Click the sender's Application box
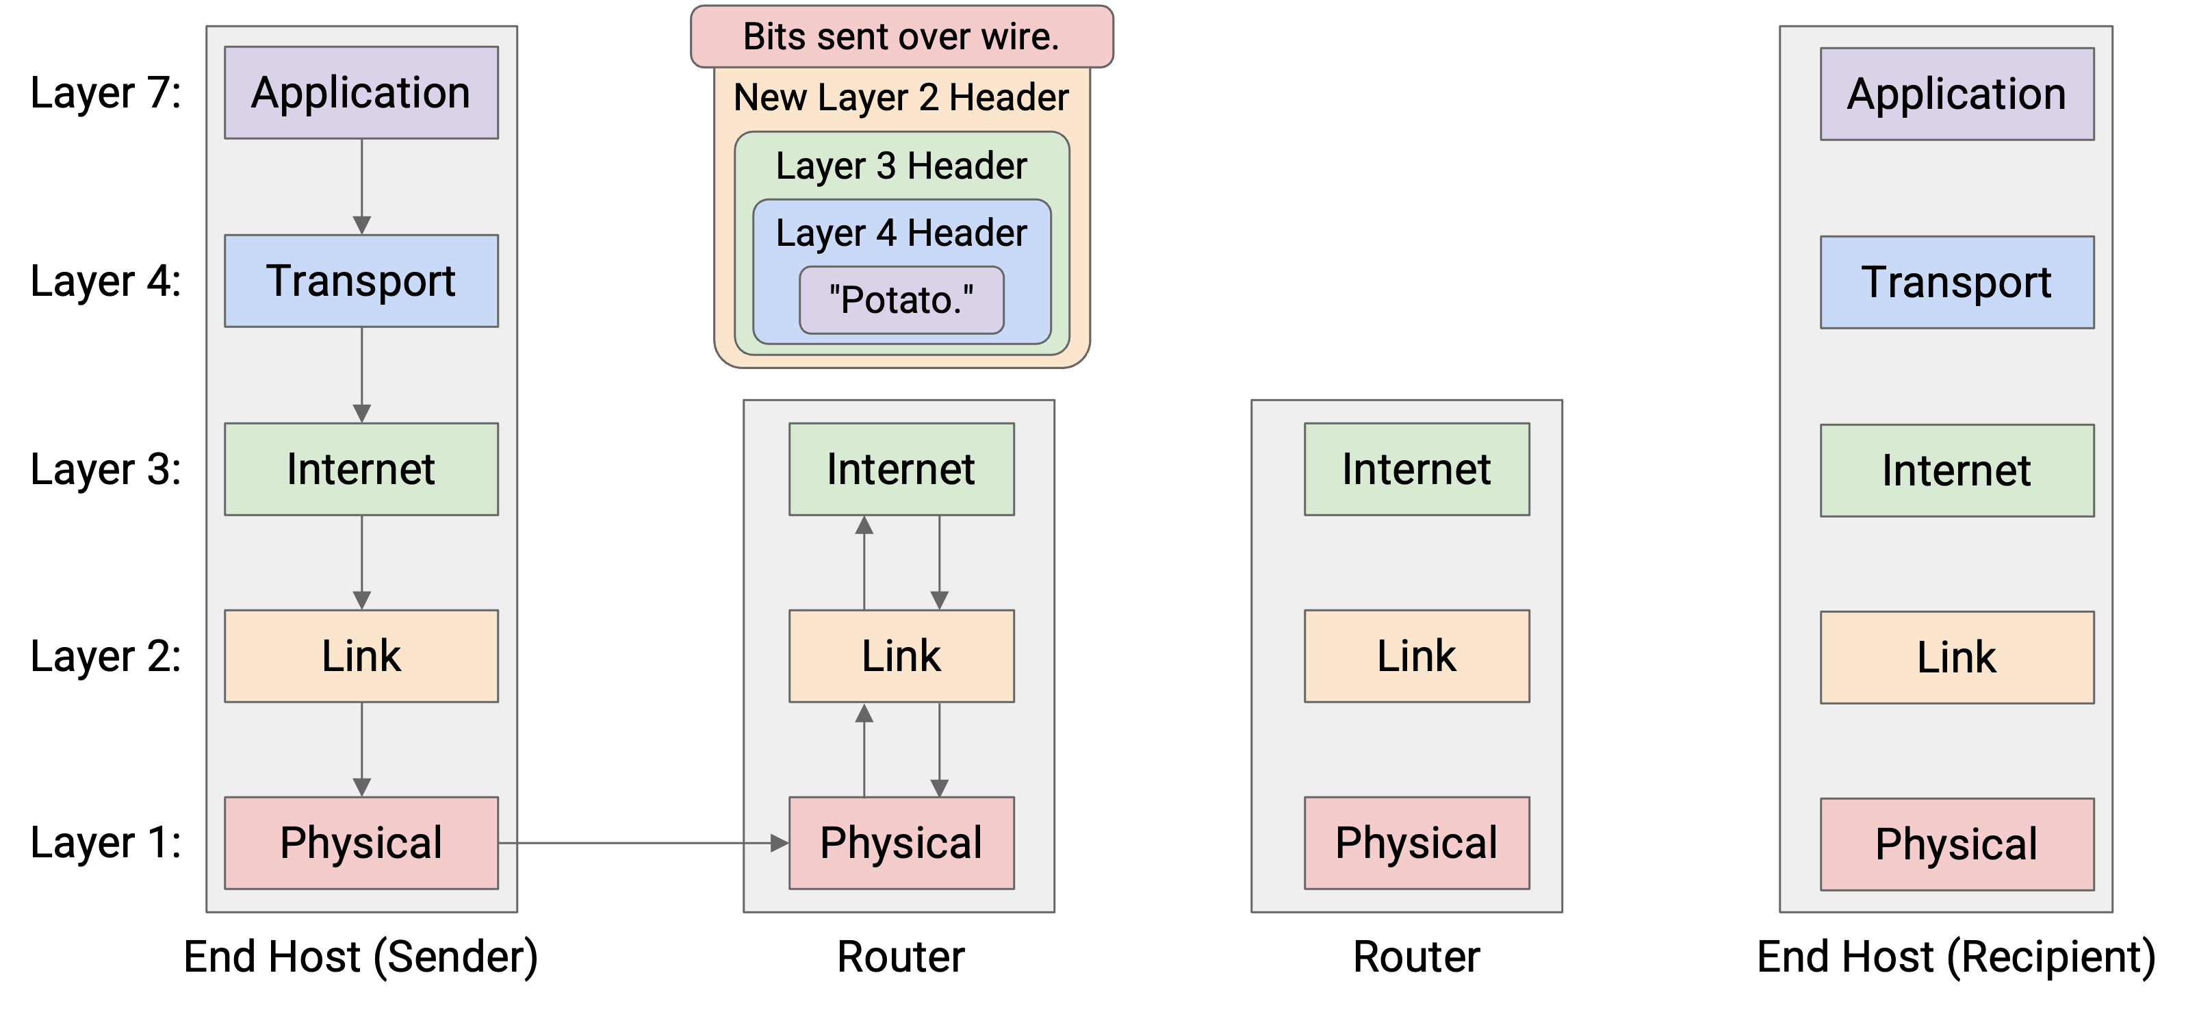point(361,92)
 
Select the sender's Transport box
point(361,281)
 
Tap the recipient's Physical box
point(1957,844)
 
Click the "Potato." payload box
point(901,300)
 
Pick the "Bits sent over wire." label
point(901,36)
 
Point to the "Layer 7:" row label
point(106,92)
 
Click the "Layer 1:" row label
point(106,843)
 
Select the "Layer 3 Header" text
point(901,166)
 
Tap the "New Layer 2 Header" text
point(901,98)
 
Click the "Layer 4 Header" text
point(901,233)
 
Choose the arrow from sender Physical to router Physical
point(643,843)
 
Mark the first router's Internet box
point(901,469)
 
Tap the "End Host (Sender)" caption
point(361,957)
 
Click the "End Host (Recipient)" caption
point(1957,957)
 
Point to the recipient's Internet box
point(1957,470)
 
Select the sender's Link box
point(361,656)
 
